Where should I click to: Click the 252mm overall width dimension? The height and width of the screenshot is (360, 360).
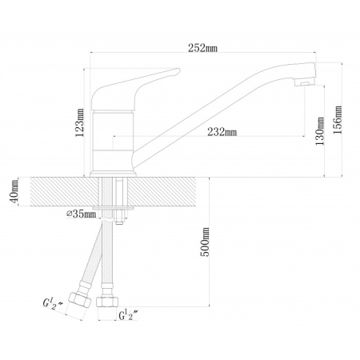(202, 48)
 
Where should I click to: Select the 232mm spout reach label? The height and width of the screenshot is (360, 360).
(222, 132)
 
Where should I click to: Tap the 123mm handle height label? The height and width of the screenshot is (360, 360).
(80, 122)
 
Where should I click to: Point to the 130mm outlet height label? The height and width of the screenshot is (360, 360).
(320, 131)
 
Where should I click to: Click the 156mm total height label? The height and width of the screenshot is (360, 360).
(338, 120)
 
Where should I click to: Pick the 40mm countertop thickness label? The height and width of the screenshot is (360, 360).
(14, 191)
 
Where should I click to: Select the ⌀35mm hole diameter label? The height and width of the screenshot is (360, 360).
(82, 214)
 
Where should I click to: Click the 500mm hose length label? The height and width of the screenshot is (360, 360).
(205, 242)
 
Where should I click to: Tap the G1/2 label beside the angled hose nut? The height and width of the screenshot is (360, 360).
(53, 303)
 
